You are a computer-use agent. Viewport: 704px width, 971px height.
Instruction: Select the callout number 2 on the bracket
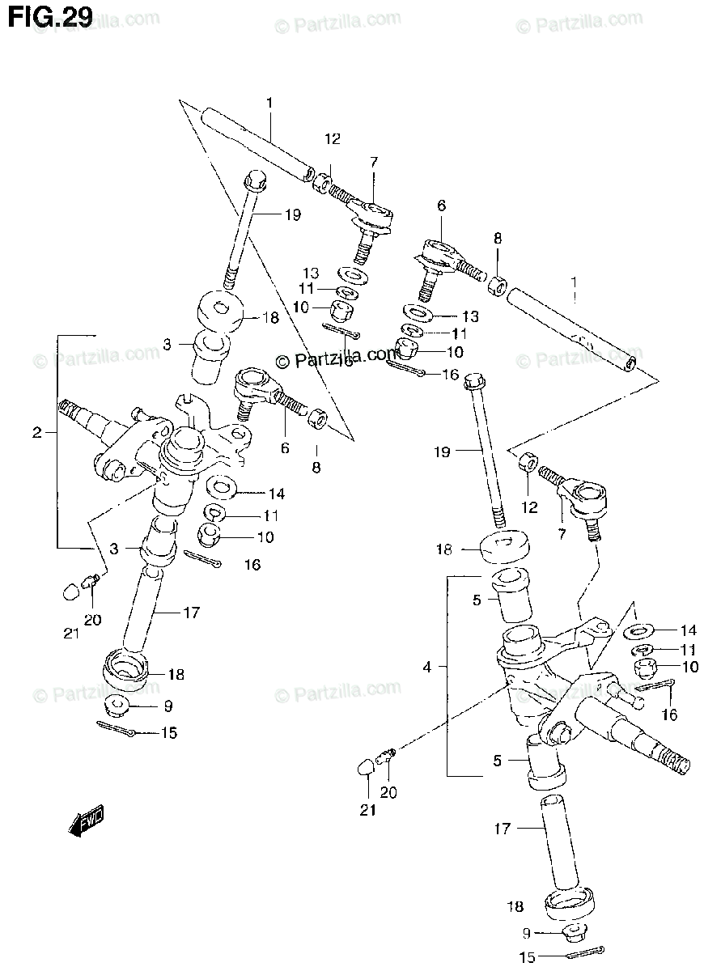[36, 433]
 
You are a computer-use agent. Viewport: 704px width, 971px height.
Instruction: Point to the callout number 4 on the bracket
[427, 668]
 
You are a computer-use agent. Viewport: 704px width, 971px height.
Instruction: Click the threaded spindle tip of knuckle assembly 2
[70, 409]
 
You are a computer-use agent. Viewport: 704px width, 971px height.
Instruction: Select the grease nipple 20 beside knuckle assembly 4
[388, 755]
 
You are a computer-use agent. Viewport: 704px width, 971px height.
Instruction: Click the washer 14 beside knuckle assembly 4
[642, 630]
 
